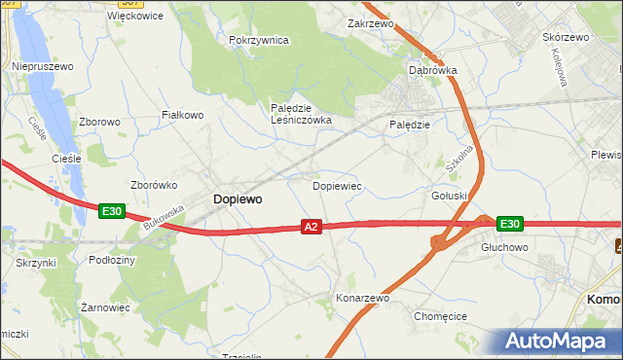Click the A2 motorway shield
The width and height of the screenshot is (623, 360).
[x=311, y=227]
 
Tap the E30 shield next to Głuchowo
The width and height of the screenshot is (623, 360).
[x=509, y=224]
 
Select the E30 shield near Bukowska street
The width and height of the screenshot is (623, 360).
[x=111, y=210]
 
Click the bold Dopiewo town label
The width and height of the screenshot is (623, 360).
[x=237, y=198]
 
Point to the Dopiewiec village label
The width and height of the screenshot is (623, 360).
[x=337, y=185]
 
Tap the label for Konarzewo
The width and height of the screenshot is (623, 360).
[x=362, y=298]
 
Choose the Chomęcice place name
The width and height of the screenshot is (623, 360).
[x=441, y=316]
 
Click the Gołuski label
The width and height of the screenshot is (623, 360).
[x=450, y=195]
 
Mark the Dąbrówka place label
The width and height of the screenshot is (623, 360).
[x=433, y=70]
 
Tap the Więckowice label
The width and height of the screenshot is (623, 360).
[x=134, y=16]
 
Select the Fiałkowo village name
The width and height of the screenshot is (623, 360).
[x=182, y=115]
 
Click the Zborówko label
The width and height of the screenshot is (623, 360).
[x=151, y=184]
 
